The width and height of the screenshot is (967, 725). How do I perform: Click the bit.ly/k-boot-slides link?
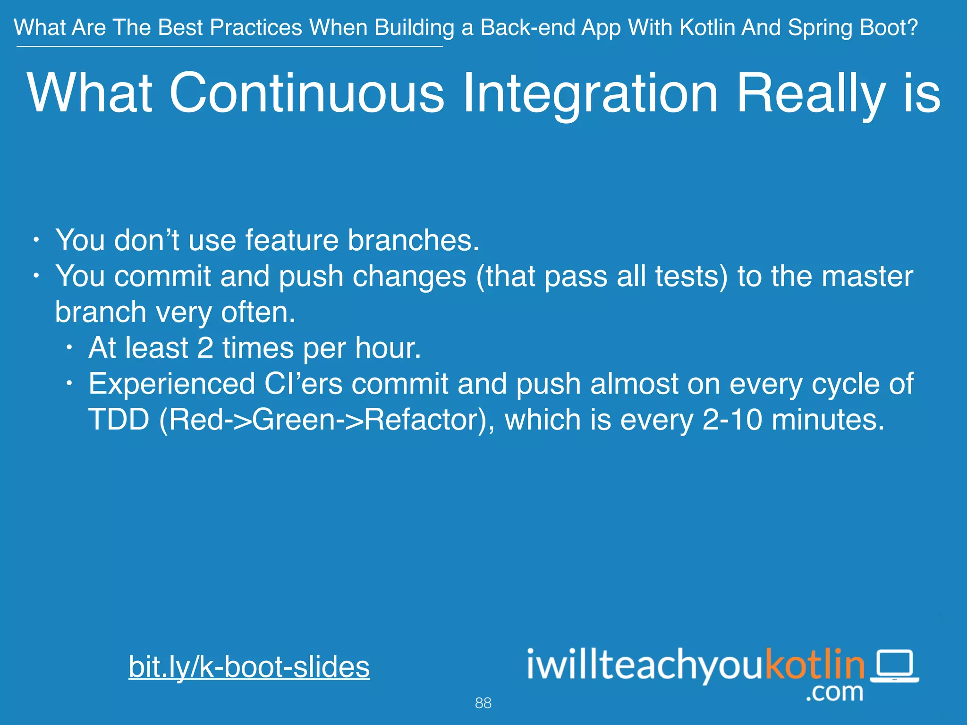pos(249,667)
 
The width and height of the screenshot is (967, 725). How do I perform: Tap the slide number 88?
pos(483,703)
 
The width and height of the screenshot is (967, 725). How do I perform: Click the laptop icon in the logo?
pos(895,666)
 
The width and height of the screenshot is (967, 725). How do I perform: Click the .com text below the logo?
pos(834,692)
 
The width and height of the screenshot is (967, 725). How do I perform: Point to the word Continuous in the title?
pos(306,93)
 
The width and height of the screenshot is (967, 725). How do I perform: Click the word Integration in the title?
pos(590,93)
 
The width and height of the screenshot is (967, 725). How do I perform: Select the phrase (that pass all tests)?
pos(602,276)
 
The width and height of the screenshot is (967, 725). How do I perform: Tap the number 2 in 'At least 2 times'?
pos(205,348)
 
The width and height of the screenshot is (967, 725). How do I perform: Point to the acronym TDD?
pos(119,420)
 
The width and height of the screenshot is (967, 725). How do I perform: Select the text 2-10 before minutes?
pos(732,420)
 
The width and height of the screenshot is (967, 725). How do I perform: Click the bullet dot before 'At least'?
pos(69,348)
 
